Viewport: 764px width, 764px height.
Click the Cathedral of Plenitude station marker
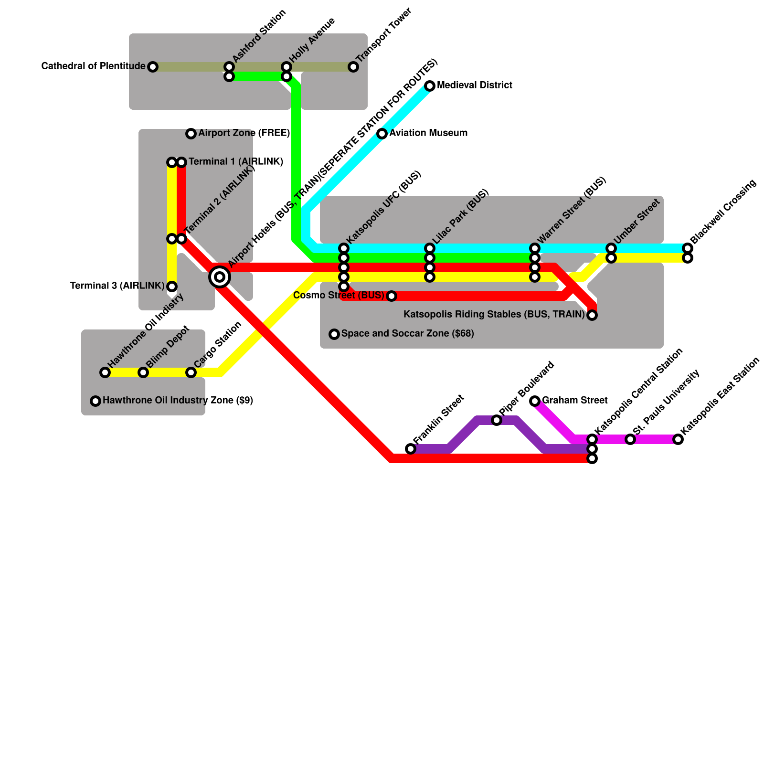pos(153,67)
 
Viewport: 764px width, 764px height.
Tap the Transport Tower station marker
pos(353,67)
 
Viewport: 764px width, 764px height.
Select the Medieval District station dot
pos(430,86)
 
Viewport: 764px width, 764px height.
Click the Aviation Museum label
pos(428,133)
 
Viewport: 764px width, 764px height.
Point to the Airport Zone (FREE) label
pos(244,133)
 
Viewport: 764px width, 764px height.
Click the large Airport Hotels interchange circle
pos(220,277)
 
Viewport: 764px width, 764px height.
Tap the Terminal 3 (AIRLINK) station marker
pos(172,286)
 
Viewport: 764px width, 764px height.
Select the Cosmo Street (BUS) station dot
pos(392,296)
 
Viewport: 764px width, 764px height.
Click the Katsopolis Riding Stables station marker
pos(592,315)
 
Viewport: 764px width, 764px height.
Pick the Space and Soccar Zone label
pos(407,334)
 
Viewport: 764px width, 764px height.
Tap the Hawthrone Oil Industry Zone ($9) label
pos(178,401)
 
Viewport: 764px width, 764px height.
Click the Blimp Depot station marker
pos(143,372)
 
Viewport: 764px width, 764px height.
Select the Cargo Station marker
pos(191,372)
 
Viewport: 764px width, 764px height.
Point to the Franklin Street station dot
pos(411,449)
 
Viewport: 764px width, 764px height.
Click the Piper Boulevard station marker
pos(497,420)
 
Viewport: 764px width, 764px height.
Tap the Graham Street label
pos(574,401)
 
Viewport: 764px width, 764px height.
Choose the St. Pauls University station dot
pos(630,439)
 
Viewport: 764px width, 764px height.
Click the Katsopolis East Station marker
pos(678,439)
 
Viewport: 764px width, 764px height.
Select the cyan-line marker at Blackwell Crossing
pos(688,248)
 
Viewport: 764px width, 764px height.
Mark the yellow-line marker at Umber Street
pos(611,258)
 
